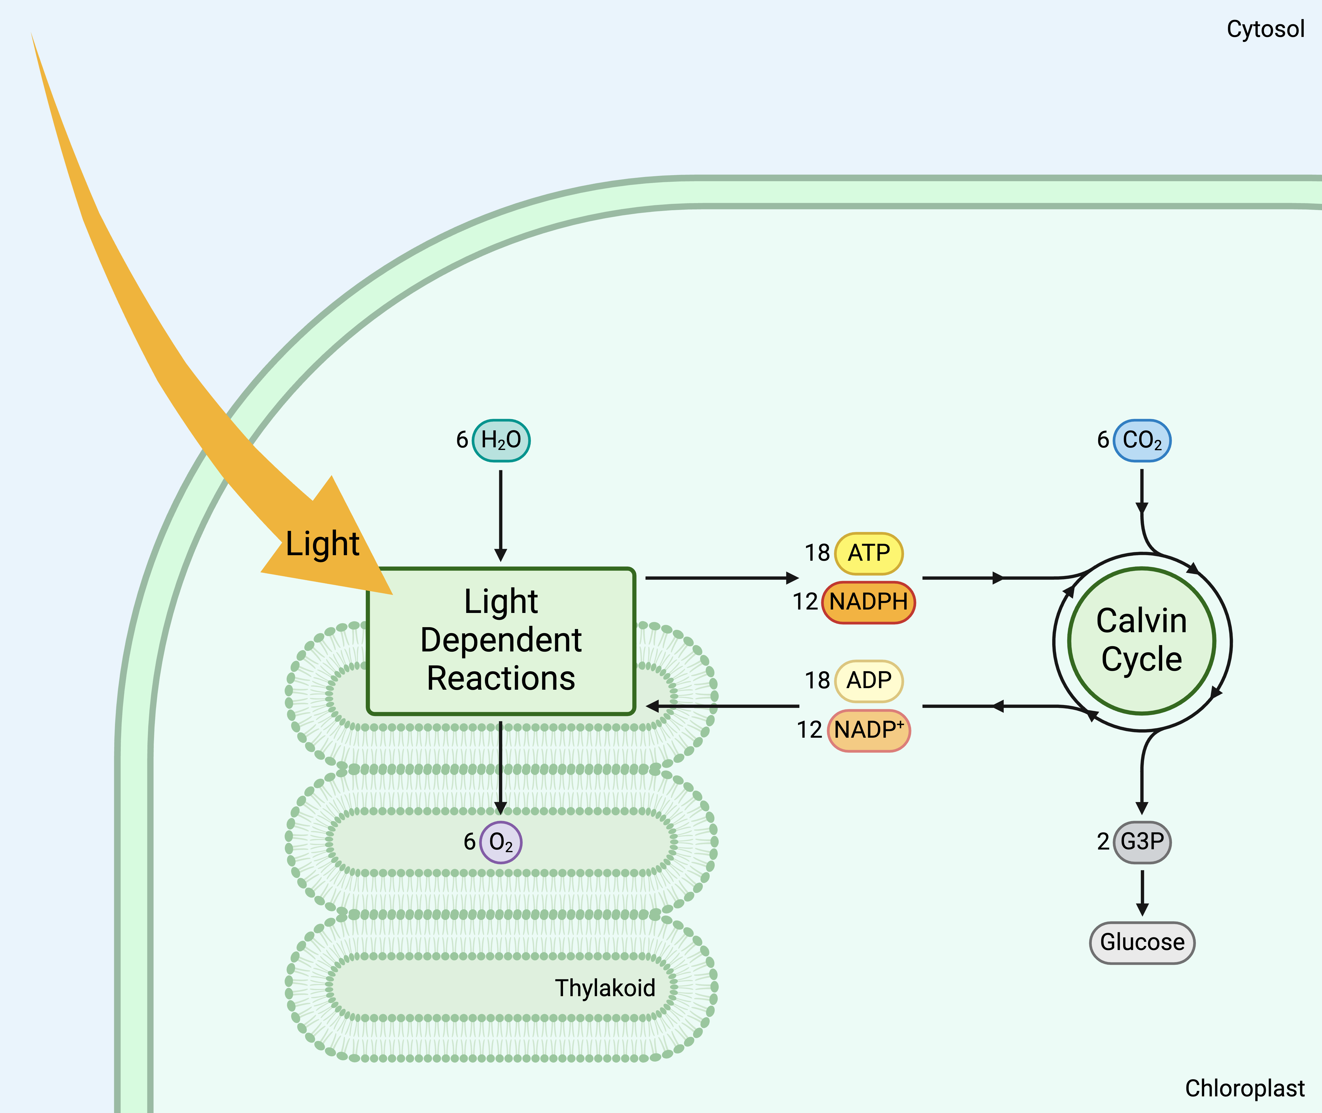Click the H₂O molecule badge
click(501, 440)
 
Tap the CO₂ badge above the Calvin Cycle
click(1142, 440)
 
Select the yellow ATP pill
click(868, 553)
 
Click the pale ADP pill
click(868, 681)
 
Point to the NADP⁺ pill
click(868, 730)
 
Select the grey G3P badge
click(1142, 842)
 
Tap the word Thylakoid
click(605, 987)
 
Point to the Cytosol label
click(1265, 29)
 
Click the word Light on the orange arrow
click(322, 544)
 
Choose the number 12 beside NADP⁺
click(809, 730)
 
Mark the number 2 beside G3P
click(1103, 842)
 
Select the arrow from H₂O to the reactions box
click(501, 514)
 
